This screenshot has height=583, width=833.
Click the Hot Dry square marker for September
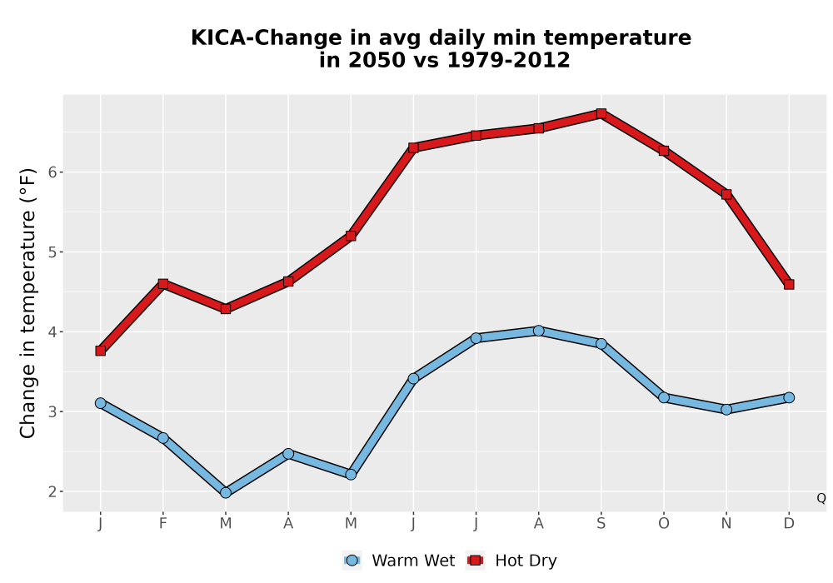coord(601,113)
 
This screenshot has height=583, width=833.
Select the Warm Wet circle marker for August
coord(538,331)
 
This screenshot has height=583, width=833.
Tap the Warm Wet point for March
coord(226,493)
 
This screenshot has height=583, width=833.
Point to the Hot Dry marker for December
coord(789,285)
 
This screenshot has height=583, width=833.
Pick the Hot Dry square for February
coord(163,284)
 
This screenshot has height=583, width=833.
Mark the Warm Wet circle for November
coord(726,410)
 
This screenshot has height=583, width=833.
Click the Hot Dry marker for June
coord(413,147)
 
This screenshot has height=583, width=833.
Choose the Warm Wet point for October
coord(664,397)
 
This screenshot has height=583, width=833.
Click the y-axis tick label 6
coord(52,172)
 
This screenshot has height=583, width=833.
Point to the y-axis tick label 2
coord(52,491)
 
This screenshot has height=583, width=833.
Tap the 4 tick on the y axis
coord(52,331)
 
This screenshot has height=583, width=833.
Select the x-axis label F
coord(163,524)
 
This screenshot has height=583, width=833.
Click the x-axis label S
coord(601,524)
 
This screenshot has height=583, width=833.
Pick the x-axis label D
coord(789,524)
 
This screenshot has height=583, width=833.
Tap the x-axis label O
coord(664,524)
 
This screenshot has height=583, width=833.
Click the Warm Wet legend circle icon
coord(352,561)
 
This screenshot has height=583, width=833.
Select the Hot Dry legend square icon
coord(475,561)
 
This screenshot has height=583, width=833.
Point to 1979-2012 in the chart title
coord(508,60)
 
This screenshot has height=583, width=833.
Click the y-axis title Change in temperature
coord(27,325)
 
